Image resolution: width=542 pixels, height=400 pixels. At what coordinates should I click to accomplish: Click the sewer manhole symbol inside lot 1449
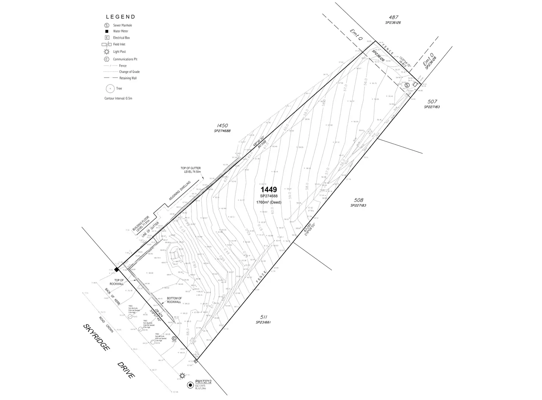click(x=407, y=85)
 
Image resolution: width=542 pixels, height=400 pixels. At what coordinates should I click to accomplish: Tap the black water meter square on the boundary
click(x=116, y=270)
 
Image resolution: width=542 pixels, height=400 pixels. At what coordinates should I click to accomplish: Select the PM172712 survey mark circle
click(x=190, y=385)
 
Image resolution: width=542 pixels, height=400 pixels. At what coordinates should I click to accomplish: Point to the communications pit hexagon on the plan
click(x=174, y=338)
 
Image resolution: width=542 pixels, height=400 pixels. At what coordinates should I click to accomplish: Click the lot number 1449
click(x=269, y=190)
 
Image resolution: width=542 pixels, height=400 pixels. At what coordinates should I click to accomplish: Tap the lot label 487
click(x=394, y=17)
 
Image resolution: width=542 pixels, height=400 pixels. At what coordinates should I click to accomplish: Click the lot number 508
click(x=358, y=200)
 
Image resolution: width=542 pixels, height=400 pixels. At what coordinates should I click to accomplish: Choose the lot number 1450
click(x=222, y=126)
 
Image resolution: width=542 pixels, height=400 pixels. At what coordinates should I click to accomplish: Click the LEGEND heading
click(x=120, y=17)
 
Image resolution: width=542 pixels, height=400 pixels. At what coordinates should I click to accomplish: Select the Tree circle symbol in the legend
click(x=109, y=88)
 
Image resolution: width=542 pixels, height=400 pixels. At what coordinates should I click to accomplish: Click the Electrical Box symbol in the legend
click(x=107, y=38)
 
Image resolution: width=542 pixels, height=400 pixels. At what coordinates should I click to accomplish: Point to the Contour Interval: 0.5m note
click(x=118, y=98)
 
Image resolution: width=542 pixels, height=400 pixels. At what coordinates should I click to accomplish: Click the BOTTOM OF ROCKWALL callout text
click(x=174, y=300)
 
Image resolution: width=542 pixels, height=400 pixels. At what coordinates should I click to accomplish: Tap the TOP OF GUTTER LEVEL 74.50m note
click(x=190, y=170)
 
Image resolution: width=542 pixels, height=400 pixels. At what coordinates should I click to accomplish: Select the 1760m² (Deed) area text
click(x=268, y=202)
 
